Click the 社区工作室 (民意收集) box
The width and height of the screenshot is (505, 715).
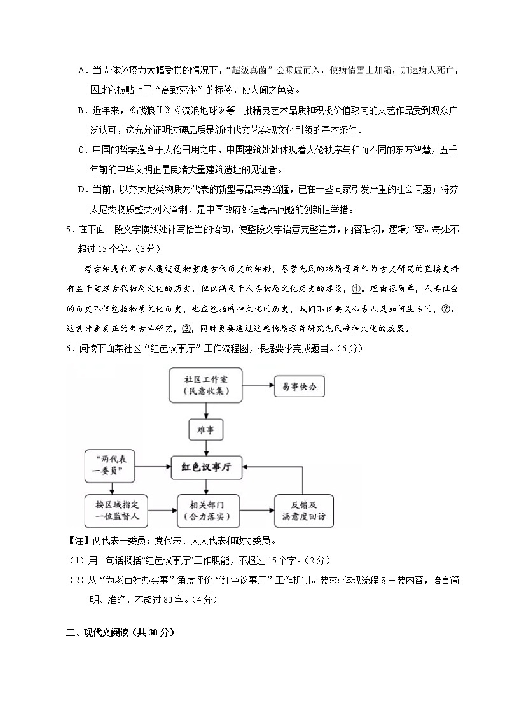point(206,385)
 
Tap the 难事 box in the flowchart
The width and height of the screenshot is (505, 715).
point(206,430)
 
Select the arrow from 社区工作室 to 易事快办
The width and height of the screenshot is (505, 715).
point(258,385)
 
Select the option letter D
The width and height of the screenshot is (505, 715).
point(81,188)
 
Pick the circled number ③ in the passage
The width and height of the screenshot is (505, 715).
point(186,329)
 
